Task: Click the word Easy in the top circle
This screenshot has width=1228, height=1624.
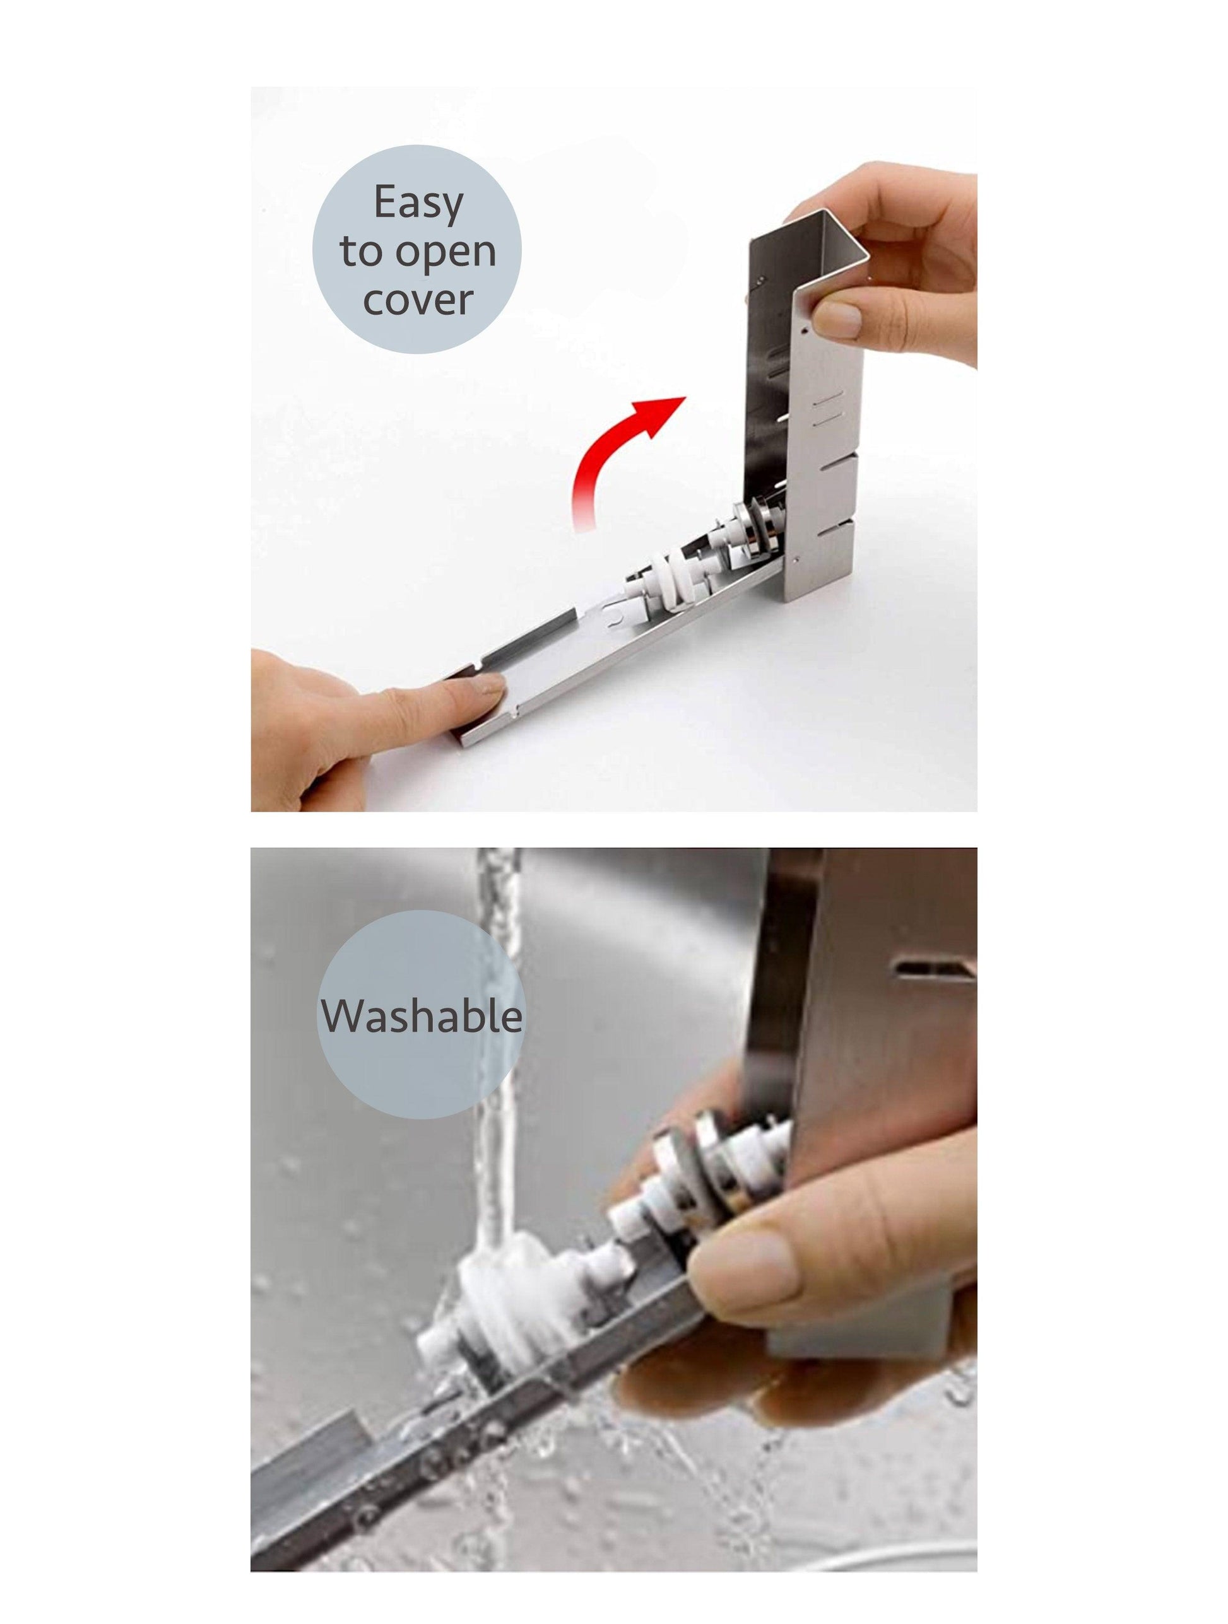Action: [418, 203]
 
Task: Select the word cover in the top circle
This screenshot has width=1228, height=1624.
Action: [418, 300]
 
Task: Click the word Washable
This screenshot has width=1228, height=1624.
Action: [422, 1017]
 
